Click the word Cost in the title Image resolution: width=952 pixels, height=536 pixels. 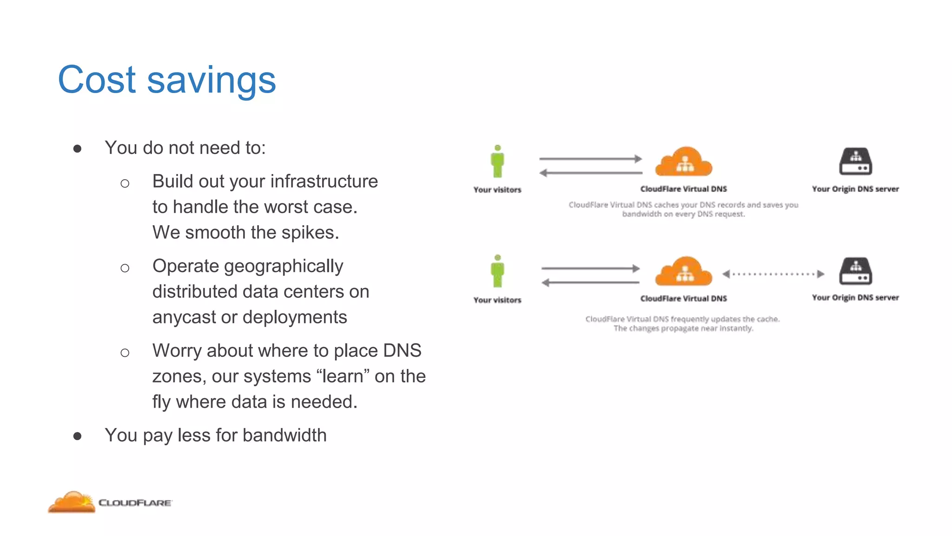[x=97, y=80]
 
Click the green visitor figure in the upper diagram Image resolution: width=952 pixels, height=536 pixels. [x=497, y=161]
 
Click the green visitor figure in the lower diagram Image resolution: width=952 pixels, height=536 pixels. [x=497, y=271]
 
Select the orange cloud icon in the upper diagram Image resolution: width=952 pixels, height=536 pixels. [x=683, y=161]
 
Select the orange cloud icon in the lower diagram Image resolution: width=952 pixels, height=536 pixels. [x=683, y=271]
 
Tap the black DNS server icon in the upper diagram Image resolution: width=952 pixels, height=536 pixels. [x=855, y=161]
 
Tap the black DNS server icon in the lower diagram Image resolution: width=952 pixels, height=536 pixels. [x=855, y=271]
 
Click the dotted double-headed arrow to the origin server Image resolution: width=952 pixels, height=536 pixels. [x=773, y=274]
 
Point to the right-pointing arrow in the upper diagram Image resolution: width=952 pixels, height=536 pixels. [x=590, y=159]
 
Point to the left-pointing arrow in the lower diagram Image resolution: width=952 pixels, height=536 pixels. [x=590, y=282]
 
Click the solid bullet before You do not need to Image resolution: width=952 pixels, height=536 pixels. [x=78, y=148]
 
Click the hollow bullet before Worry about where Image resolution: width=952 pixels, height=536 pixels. [x=125, y=353]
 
